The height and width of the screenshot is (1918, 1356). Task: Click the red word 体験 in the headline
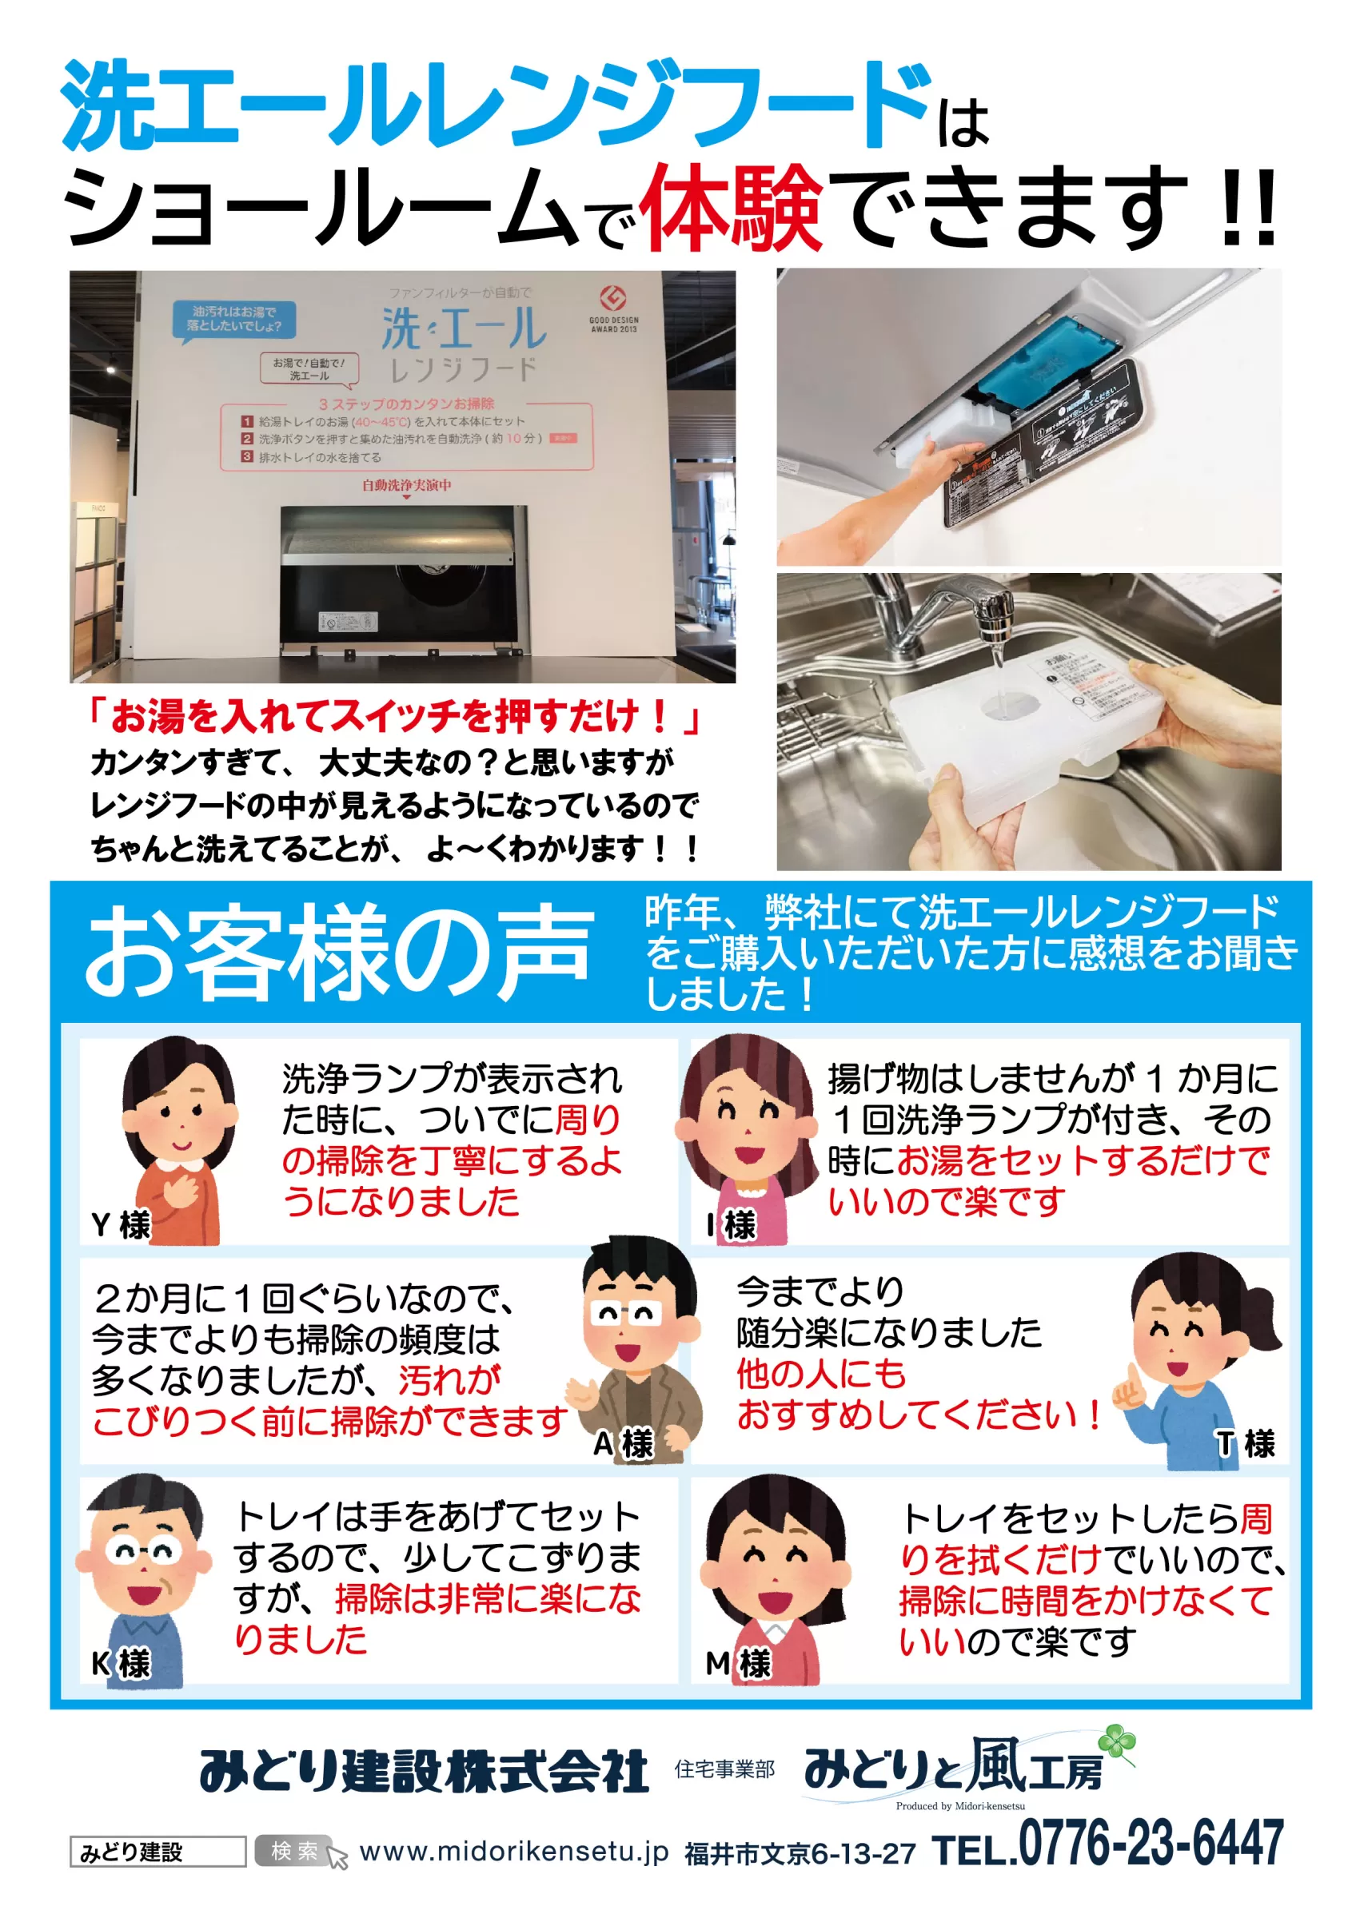[731, 206]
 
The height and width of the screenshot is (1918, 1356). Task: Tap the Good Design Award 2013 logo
[613, 308]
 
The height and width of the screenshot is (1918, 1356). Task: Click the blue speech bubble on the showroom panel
[234, 318]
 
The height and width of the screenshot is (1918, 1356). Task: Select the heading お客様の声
[338, 953]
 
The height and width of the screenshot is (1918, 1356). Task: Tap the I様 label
[730, 1225]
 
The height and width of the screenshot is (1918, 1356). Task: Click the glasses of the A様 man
[625, 1314]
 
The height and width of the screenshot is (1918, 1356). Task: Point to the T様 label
[1245, 1443]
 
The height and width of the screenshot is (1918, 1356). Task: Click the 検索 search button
[294, 1851]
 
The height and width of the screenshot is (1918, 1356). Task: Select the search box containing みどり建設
[157, 1852]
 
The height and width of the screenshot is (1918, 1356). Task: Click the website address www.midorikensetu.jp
[513, 1851]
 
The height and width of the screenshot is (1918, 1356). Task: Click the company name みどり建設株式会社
[424, 1771]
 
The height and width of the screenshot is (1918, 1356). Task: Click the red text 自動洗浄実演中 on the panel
[406, 485]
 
